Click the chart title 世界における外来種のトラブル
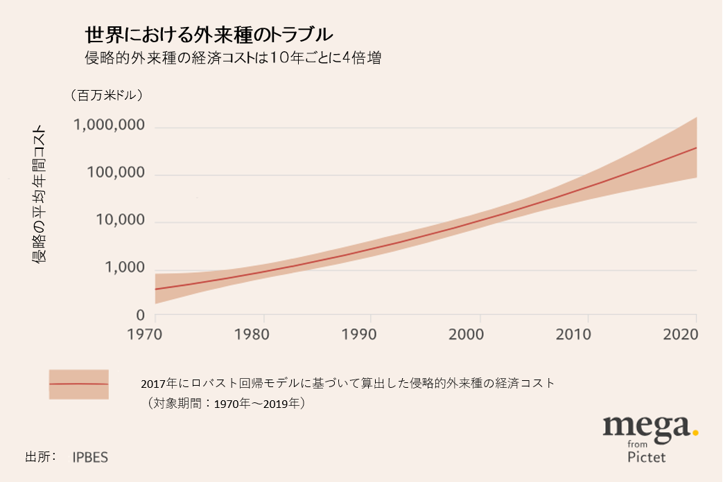tap(208, 34)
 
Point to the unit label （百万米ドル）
tap(106, 96)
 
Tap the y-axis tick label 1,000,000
tap(109, 127)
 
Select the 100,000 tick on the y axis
tap(114, 174)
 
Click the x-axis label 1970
tap(154, 334)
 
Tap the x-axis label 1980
tap(263, 334)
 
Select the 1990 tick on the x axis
tap(371, 334)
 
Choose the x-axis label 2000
tap(480, 334)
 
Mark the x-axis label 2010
tap(588, 334)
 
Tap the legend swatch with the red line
tap(78, 384)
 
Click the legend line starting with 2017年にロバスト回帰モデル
tap(347, 383)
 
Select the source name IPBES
tap(90, 458)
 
